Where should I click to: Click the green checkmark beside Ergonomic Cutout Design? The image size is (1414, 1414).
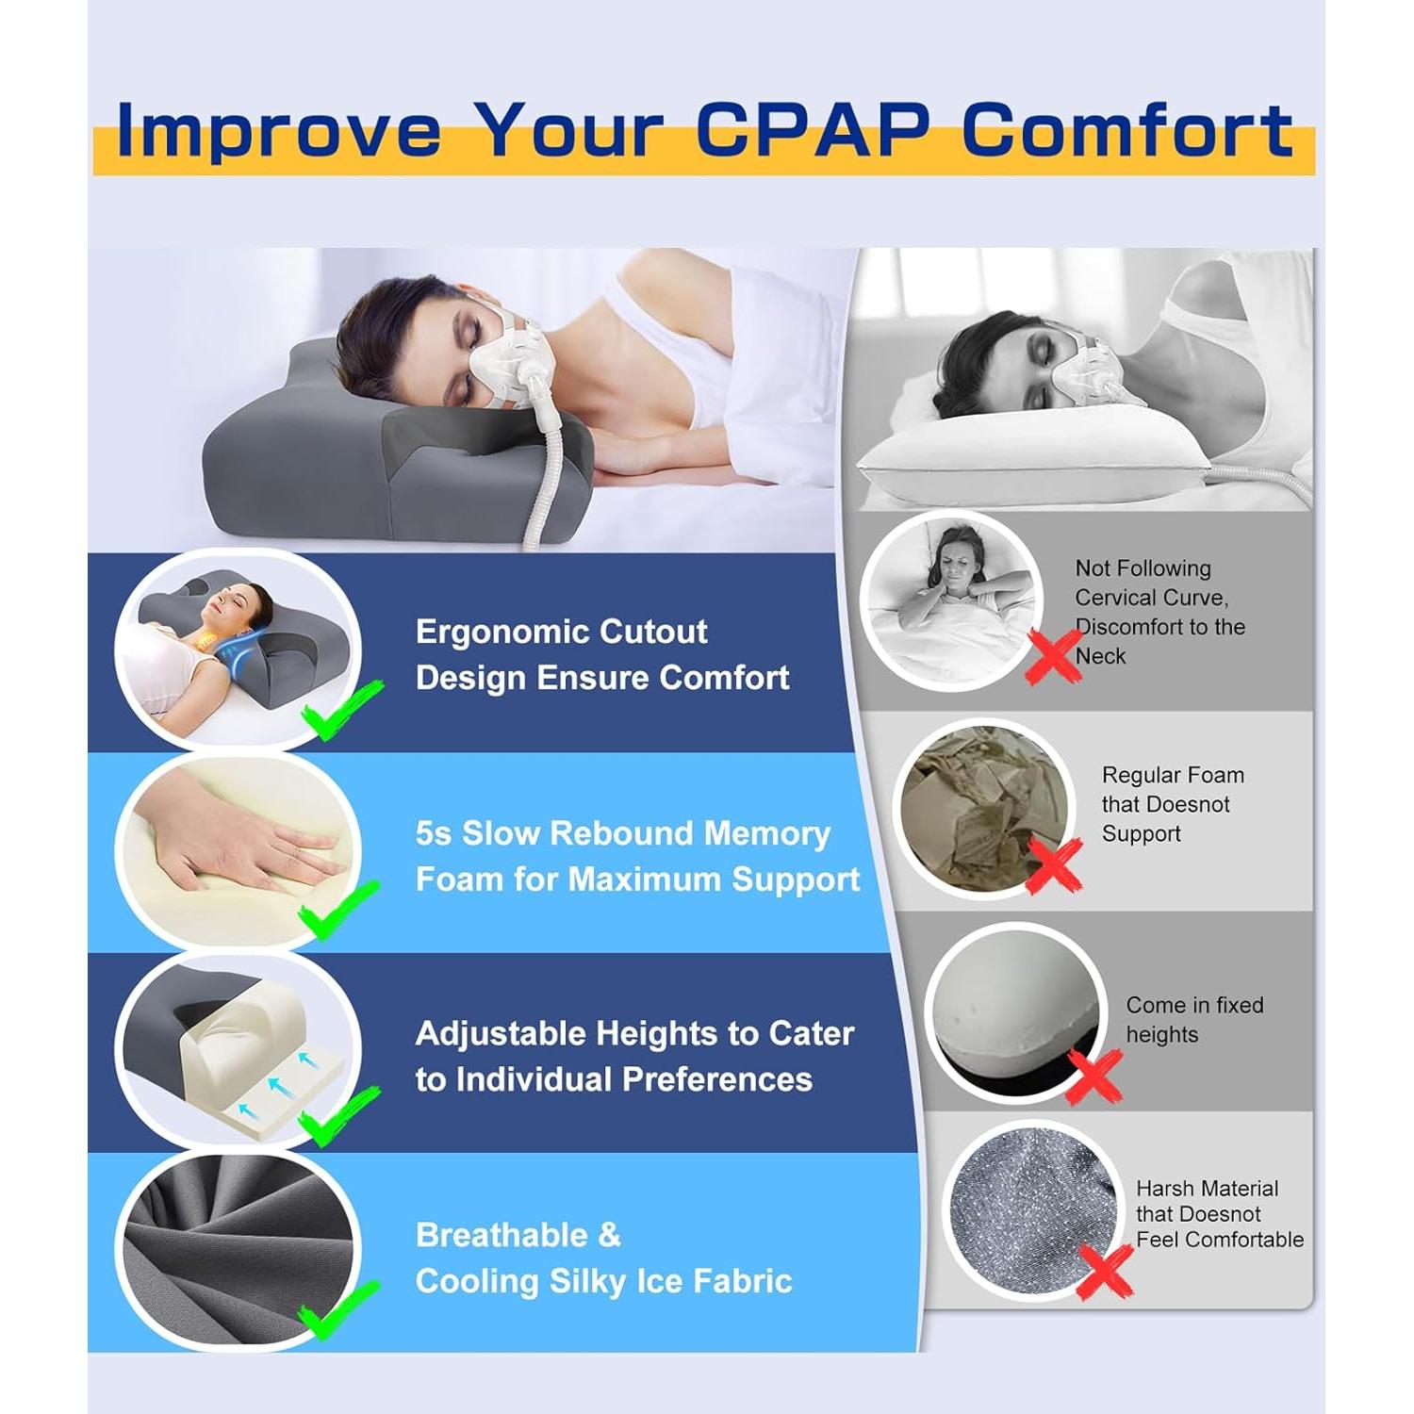click(339, 710)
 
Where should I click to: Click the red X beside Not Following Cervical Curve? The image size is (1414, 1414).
click(1053, 654)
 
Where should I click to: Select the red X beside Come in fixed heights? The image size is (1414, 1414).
click(1094, 1076)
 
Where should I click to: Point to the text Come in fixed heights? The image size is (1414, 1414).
click(1193, 1019)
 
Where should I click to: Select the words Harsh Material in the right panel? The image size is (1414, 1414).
click(1207, 1189)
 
